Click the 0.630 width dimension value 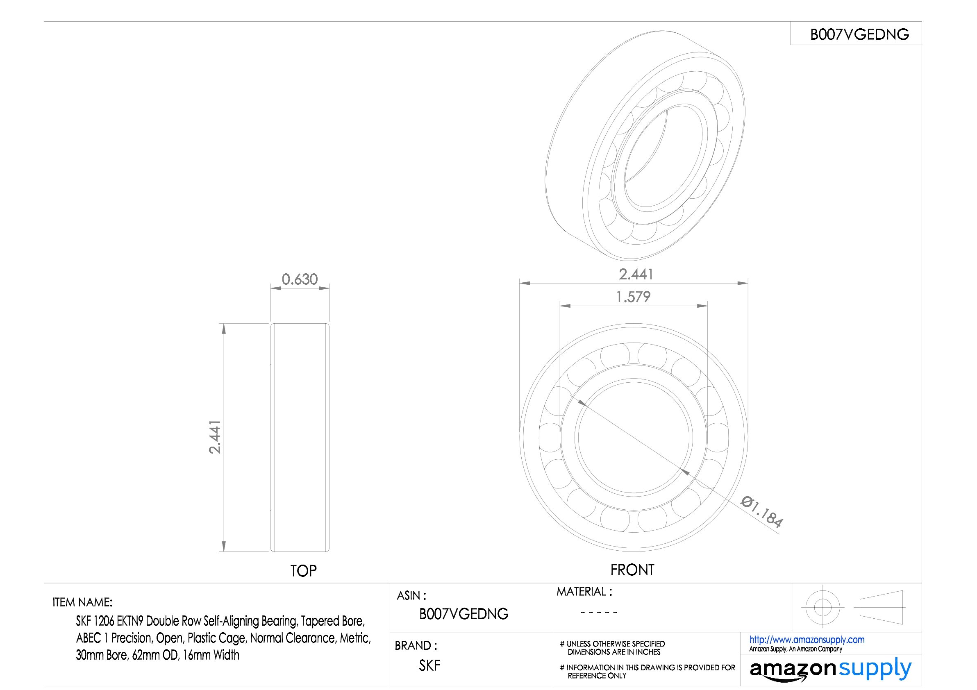(x=300, y=279)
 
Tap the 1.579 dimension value (x=633, y=297)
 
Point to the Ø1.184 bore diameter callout (x=762, y=511)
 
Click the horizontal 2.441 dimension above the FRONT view (x=636, y=275)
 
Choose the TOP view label (x=303, y=570)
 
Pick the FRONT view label (x=632, y=570)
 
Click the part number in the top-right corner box (x=859, y=34)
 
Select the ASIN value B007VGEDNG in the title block (x=464, y=613)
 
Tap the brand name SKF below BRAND (x=430, y=665)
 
